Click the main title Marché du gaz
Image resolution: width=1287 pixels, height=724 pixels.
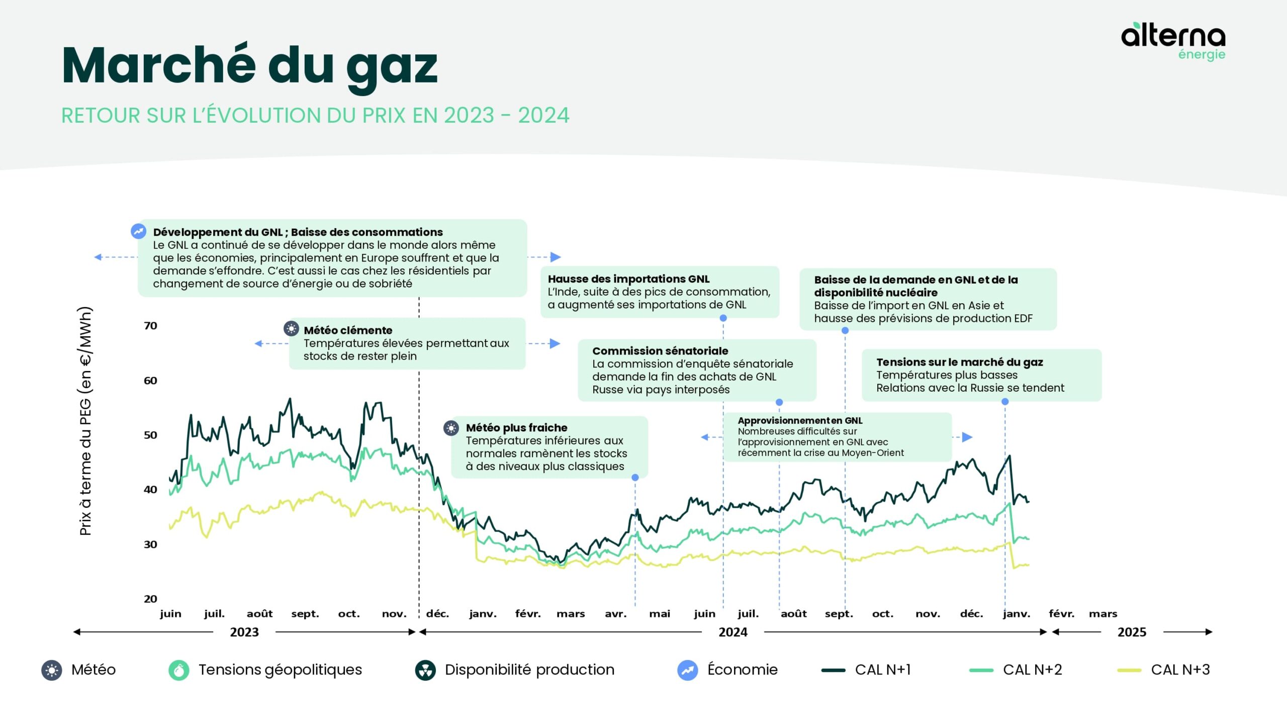tap(249, 65)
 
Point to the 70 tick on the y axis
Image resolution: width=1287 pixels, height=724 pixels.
tap(150, 326)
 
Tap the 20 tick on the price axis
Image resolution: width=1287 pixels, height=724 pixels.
tap(150, 599)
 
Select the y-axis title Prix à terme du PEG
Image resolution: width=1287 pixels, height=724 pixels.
tap(86, 421)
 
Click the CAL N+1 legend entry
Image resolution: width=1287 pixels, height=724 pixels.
tap(866, 670)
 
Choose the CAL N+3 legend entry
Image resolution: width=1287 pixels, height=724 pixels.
tap(1163, 670)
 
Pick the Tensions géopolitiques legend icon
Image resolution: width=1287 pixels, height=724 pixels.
tap(178, 670)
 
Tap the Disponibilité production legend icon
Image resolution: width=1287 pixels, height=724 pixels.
tap(425, 670)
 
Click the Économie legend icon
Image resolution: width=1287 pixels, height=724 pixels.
tap(687, 670)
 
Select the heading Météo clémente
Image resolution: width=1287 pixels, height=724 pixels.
tap(348, 330)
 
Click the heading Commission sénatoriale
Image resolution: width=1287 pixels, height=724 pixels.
tap(660, 351)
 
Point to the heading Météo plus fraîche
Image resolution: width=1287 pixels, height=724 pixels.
tap(516, 428)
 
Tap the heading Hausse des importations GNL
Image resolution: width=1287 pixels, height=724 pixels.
tap(628, 279)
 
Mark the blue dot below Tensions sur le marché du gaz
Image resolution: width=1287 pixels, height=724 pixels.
tap(1005, 402)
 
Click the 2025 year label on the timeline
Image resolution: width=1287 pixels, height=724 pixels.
tap(1132, 632)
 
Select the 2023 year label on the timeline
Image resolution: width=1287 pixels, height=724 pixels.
tap(244, 632)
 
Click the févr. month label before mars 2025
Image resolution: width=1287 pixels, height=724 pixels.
tap(1061, 614)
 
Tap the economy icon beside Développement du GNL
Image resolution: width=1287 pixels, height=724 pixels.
tap(138, 231)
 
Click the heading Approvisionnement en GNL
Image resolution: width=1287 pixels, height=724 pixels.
tap(800, 420)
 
